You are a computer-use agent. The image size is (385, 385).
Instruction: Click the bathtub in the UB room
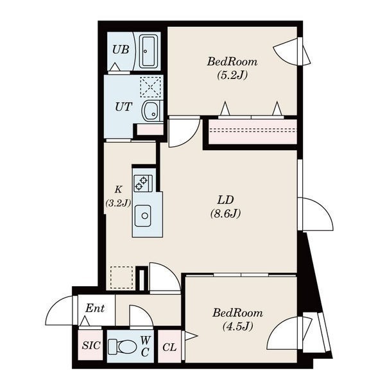coord(149,51)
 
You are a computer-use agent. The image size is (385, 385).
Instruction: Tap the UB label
coord(121,49)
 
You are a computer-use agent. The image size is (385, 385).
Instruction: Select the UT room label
coord(123,107)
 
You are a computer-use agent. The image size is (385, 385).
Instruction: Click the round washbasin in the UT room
coord(150,111)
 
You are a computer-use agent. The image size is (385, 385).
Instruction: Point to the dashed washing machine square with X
coord(151,87)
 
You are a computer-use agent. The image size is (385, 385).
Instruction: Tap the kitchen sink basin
coord(143,216)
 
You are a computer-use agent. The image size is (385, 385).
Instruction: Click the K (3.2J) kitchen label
coord(118,196)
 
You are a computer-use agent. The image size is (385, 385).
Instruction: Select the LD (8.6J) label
coord(225,207)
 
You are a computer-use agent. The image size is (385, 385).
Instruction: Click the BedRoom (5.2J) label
coord(232,68)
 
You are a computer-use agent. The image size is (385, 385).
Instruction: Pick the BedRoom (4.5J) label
coord(237,320)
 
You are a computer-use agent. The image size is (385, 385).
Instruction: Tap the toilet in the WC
coord(123,346)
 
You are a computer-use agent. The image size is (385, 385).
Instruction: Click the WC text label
coord(145,346)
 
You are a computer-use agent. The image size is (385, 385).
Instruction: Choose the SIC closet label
coord(91,345)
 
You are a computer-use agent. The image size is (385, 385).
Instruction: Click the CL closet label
coord(169,347)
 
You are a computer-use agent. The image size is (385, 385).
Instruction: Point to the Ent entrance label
coord(95,308)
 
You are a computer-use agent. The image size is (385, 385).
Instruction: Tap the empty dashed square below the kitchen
coord(121,277)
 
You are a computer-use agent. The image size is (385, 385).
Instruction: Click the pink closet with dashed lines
coord(253,132)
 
